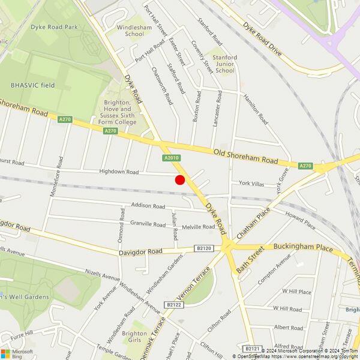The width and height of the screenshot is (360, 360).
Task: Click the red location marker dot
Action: tap(179, 180)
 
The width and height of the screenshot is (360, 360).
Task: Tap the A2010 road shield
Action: tap(170, 158)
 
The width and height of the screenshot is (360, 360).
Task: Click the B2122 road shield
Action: tap(174, 305)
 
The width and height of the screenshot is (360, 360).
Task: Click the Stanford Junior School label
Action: tap(225, 64)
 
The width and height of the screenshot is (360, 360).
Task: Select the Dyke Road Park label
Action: tap(55, 27)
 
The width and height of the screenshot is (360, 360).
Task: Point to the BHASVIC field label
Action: tap(32, 85)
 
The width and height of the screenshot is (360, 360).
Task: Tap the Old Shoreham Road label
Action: tap(245, 157)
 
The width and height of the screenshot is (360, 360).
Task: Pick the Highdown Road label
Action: tap(119, 172)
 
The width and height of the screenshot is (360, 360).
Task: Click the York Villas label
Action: tap(252, 183)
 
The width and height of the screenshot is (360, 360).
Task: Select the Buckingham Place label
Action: tap(302, 247)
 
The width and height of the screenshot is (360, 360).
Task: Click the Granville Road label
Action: tap(148, 224)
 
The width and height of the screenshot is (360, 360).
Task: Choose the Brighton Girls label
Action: tap(134, 337)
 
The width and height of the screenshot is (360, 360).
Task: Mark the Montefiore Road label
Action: tap(59, 178)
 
